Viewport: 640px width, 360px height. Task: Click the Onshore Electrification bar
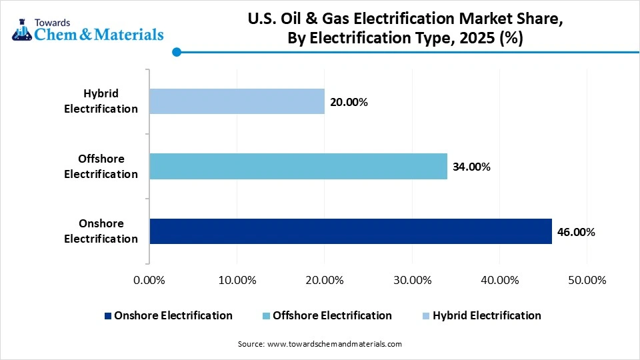tap(351, 231)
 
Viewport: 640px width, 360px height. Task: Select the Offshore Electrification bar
tap(298, 166)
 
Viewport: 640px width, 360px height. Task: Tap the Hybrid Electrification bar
tap(237, 101)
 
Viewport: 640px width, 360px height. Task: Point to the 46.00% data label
tap(575, 232)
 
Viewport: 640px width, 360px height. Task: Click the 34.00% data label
tap(471, 167)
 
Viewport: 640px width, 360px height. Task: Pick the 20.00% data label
tap(348, 102)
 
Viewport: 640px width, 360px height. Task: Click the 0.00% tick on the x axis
tap(149, 280)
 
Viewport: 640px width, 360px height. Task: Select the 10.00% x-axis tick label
tap(237, 280)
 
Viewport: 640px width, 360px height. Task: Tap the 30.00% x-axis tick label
tap(412, 280)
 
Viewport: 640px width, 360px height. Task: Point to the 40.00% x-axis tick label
tap(499, 280)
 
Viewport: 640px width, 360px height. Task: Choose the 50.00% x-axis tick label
tap(587, 280)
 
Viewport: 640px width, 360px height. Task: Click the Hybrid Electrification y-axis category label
tap(101, 101)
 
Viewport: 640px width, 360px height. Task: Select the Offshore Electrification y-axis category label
tap(101, 167)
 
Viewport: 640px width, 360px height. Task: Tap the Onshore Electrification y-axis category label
tap(101, 231)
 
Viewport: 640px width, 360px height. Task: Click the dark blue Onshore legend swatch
tap(108, 316)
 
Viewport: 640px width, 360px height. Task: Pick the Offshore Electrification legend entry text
tap(332, 315)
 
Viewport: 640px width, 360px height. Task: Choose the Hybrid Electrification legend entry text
tap(487, 315)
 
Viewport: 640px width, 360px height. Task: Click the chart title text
tap(405, 29)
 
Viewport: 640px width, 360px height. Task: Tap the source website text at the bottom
tap(320, 344)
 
